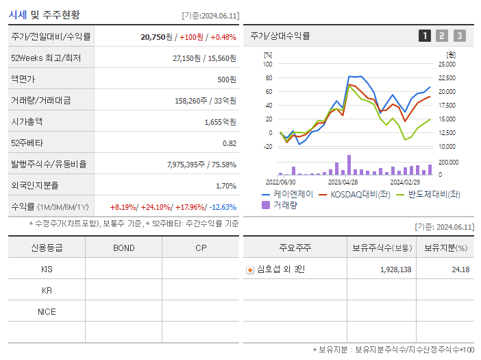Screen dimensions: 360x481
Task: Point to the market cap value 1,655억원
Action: [x=220, y=122]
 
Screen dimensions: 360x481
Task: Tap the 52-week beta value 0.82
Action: [x=230, y=143]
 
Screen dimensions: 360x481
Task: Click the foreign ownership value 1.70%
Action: [x=226, y=186]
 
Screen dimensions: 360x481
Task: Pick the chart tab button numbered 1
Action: [x=425, y=36]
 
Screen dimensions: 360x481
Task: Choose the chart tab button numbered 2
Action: [x=442, y=36]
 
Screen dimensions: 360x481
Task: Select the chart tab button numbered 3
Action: [x=459, y=36]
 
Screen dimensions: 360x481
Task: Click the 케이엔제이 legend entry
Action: [x=287, y=194]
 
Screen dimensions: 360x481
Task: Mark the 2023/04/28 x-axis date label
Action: [x=343, y=182]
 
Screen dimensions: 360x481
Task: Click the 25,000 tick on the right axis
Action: [x=447, y=64]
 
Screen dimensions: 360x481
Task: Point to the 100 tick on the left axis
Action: [x=267, y=64]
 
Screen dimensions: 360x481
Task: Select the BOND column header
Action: [x=123, y=248]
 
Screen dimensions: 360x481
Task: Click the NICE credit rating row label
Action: [x=47, y=312]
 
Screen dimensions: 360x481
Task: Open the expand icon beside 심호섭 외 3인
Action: [x=250, y=270]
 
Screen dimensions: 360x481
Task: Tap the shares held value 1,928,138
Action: [x=395, y=270]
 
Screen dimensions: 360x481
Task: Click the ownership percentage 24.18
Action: [x=460, y=270]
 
